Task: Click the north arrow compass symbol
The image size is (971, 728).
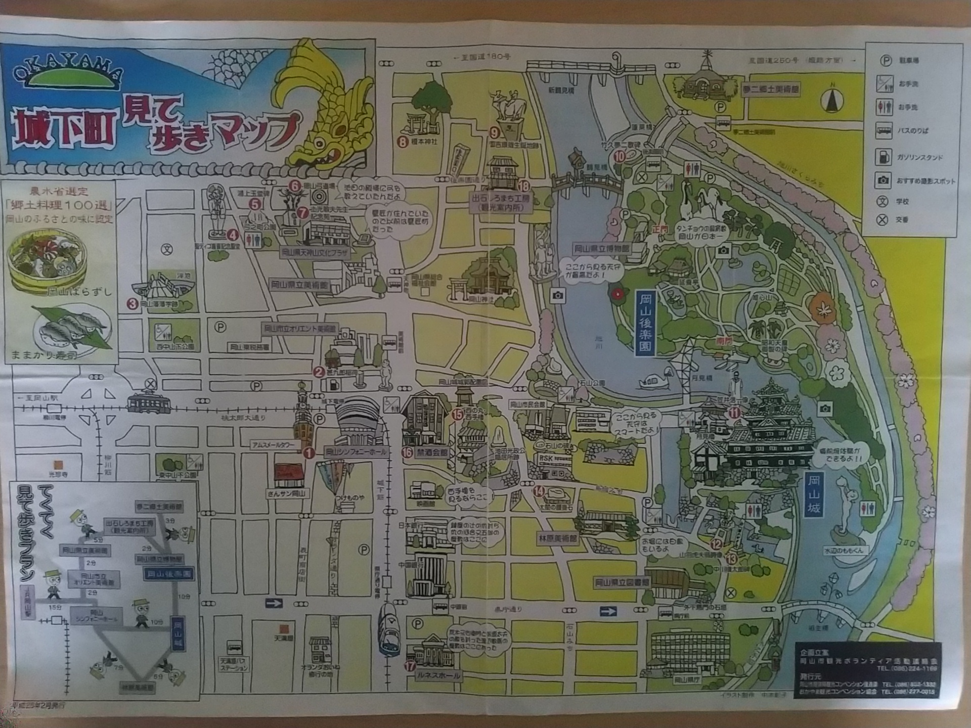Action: coord(832,100)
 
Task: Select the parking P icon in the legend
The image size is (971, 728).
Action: coord(885,61)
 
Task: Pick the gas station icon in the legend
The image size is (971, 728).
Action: coord(883,157)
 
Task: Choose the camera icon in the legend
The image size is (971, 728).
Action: coord(883,180)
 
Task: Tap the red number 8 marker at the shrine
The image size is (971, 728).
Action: coord(403,142)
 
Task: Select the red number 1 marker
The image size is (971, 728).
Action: coord(308,453)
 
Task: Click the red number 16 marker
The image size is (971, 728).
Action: coord(407,452)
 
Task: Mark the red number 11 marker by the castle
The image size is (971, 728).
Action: coord(734,413)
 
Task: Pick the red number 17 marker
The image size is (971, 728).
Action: coord(409,666)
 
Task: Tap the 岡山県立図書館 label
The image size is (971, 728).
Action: coord(621,582)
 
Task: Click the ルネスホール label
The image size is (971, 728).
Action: coord(438,675)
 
